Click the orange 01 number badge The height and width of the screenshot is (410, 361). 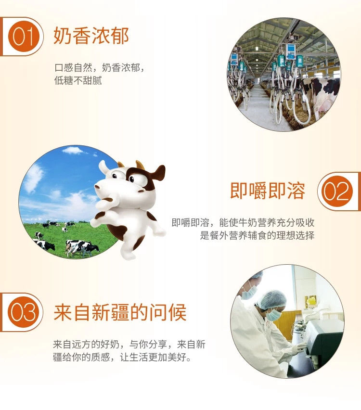(x=23, y=37)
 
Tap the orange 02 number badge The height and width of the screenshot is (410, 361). (x=337, y=192)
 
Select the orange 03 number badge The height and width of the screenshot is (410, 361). (x=23, y=312)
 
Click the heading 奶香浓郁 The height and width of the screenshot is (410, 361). (x=91, y=36)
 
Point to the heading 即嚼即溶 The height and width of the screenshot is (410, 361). (x=268, y=191)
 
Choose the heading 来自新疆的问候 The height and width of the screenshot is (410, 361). (x=120, y=312)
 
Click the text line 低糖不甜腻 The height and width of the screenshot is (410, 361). (x=78, y=80)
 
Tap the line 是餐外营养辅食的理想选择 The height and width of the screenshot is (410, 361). (x=257, y=235)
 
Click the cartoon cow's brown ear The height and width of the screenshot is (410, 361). (x=158, y=173)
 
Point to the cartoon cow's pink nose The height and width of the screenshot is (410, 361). (x=97, y=187)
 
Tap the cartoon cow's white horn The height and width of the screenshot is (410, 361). (x=103, y=167)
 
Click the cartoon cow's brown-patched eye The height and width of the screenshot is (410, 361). (x=132, y=179)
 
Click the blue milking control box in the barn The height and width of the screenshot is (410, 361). (x=291, y=52)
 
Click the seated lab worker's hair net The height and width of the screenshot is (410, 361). (x=272, y=299)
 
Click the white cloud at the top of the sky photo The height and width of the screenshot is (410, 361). (x=73, y=150)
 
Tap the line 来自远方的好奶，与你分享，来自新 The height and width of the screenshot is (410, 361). (x=129, y=345)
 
